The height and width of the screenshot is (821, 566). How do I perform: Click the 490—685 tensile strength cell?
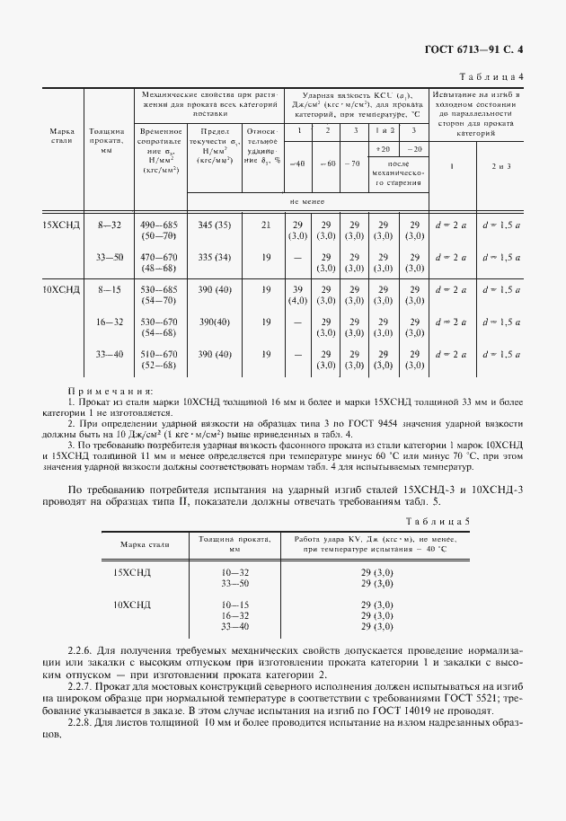click(160, 225)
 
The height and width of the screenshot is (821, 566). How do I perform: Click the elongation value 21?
click(266, 225)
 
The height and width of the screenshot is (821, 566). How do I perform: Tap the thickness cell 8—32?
click(109, 225)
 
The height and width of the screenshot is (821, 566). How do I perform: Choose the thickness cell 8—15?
click(109, 289)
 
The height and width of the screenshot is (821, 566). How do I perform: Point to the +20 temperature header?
click(384, 148)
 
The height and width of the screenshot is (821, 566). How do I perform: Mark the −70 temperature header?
click(354, 163)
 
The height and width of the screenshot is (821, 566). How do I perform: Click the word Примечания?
click(111, 391)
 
